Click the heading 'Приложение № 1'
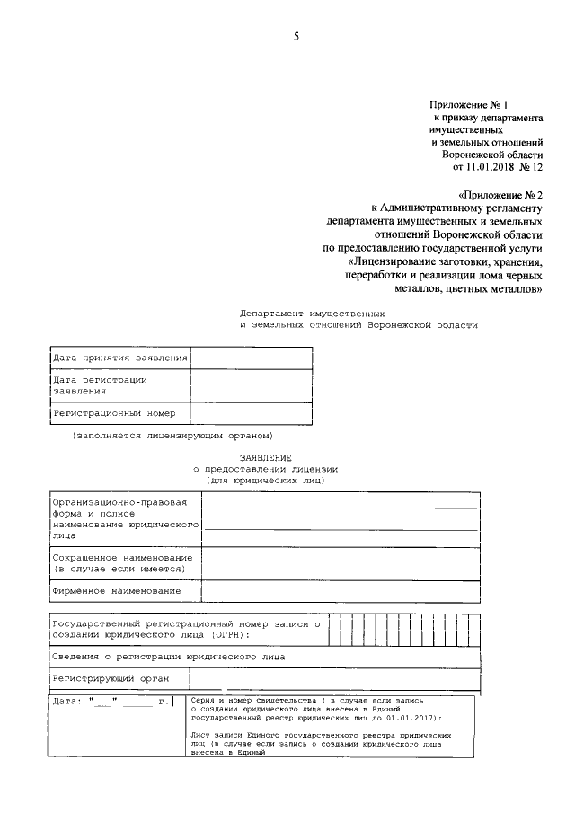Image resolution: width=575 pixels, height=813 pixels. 468,105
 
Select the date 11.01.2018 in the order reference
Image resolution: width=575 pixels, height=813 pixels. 496,166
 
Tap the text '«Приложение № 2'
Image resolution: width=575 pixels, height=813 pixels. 500,193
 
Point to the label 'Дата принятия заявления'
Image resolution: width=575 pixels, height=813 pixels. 119,358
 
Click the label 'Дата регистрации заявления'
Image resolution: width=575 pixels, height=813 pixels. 100,385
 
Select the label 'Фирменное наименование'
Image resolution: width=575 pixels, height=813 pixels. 116,591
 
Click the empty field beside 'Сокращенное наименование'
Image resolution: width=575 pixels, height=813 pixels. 341,563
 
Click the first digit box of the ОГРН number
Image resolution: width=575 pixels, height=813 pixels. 334,629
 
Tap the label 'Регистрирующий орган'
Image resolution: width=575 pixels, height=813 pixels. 111,678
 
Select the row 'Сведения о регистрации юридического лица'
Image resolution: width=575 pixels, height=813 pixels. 169,657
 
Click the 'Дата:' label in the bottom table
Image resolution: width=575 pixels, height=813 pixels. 67,701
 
